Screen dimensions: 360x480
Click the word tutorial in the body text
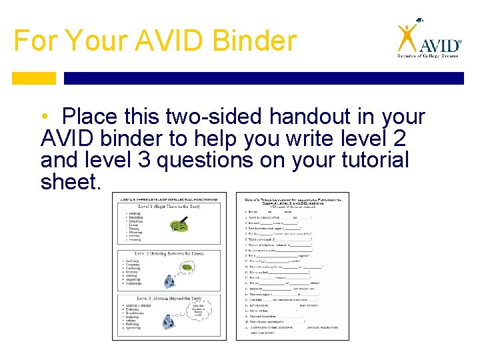click(369, 160)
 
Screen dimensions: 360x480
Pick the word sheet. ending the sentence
click(69, 181)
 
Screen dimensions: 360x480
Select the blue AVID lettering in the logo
click(440, 45)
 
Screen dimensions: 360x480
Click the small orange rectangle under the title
click(34, 78)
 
